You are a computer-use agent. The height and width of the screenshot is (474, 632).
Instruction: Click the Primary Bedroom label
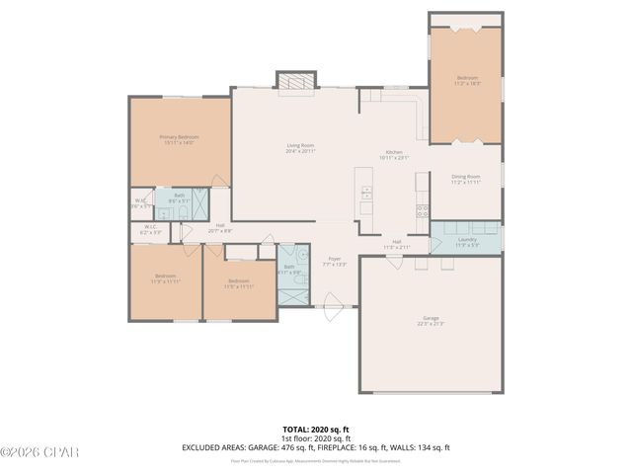[x=180, y=136]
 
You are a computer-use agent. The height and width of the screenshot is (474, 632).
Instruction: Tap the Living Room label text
[x=300, y=145]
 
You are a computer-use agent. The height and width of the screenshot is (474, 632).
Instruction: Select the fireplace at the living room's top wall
[x=294, y=85]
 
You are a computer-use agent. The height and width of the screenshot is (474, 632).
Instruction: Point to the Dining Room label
[x=464, y=178]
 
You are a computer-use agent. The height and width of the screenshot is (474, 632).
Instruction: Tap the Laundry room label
[x=467, y=240]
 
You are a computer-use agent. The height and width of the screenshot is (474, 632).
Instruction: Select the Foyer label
[x=334, y=259]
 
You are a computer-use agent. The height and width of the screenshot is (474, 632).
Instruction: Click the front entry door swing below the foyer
[x=332, y=308]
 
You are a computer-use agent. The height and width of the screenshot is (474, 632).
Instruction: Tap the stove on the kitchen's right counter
[x=423, y=208]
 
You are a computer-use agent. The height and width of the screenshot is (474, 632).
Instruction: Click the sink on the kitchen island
[x=365, y=191]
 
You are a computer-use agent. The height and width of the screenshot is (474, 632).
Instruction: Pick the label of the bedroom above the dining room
[x=466, y=78]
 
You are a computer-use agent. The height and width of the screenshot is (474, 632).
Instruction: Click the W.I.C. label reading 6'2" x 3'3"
[x=151, y=230]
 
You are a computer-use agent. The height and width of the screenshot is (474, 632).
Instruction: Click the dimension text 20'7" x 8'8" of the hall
[x=219, y=231]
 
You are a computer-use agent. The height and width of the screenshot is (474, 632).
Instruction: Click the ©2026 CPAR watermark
[x=39, y=452]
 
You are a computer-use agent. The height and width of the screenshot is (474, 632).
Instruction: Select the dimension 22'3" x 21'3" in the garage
[x=431, y=324]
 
